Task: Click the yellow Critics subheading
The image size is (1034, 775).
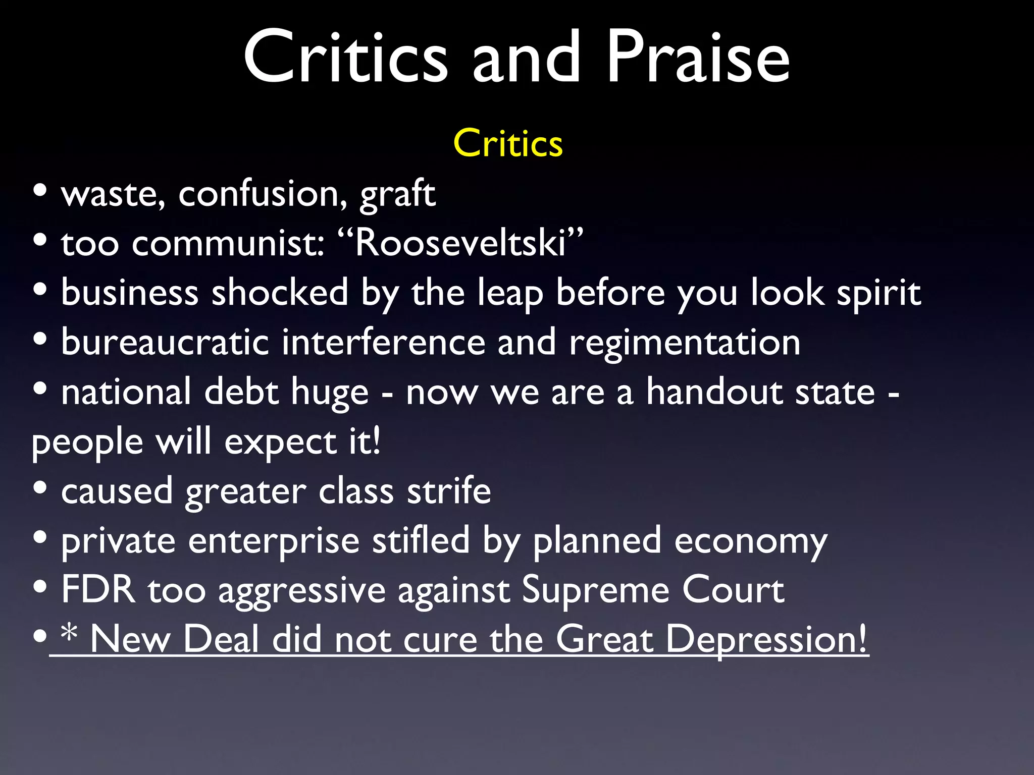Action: [508, 144]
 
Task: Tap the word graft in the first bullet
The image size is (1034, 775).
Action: [397, 194]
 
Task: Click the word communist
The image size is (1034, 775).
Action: [228, 243]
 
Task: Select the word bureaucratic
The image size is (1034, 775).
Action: [165, 342]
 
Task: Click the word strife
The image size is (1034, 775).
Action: [449, 490]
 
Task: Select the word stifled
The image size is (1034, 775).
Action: [421, 540]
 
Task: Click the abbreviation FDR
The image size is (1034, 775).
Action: [98, 589]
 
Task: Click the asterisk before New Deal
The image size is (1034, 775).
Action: [69, 633]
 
